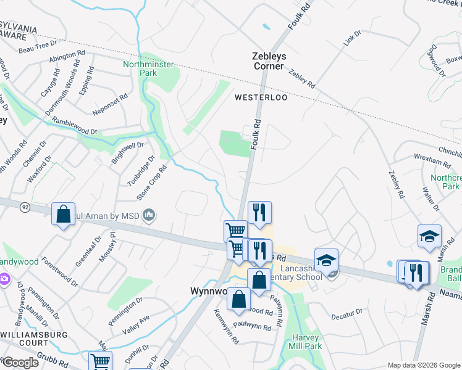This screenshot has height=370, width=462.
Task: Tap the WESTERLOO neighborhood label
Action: coord(261,97)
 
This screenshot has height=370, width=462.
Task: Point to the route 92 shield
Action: coord(23,207)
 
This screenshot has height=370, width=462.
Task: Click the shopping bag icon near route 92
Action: coord(63,215)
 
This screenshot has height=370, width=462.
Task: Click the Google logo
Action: coord(21,363)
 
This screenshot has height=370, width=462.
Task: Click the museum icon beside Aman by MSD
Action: coord(149,216)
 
